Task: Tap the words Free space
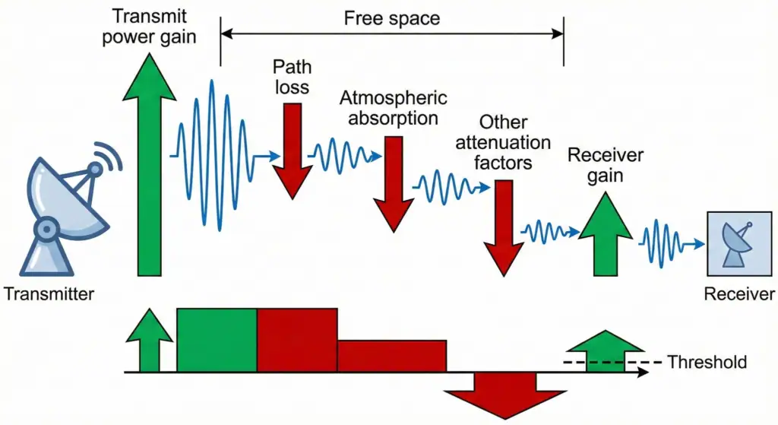[391, 17]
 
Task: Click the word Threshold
[707, 362]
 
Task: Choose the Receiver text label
[738, 294]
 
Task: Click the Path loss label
[293, 78]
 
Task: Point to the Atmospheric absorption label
[393, 108]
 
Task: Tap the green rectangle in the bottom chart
[217, 340]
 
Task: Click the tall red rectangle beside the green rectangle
[297, 340]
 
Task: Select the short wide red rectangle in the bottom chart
[391, 356]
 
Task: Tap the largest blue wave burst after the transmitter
[213, 156]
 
